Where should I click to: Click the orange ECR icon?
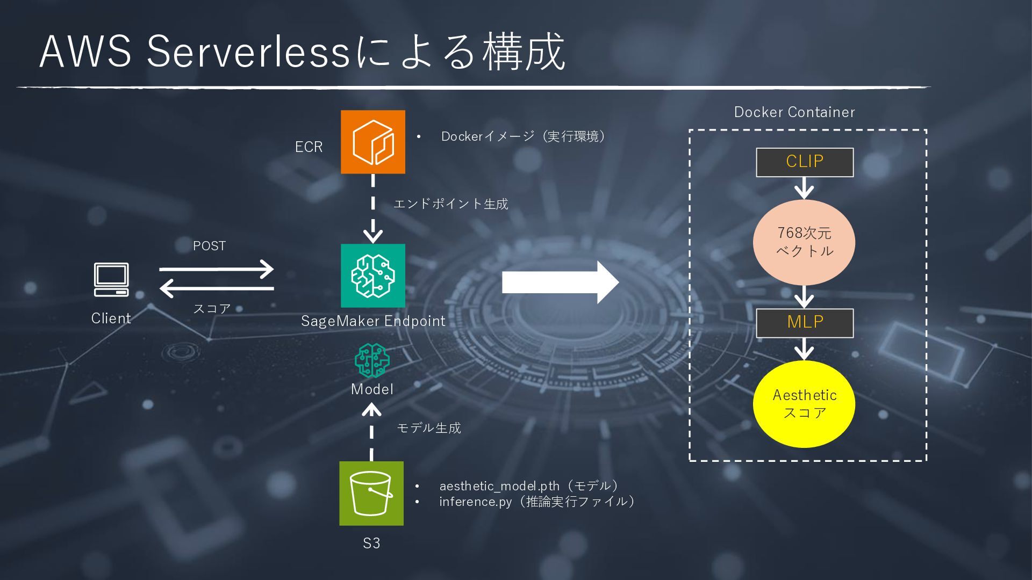pos(373,142)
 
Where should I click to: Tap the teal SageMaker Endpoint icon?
pos(373,275)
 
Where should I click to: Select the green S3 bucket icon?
pos(371,493)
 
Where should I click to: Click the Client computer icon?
pos(111,279)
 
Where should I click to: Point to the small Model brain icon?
pos(372,360)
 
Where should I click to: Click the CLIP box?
pos(805,162)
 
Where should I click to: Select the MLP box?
pos(805,323)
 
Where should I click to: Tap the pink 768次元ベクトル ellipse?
pos(804,242)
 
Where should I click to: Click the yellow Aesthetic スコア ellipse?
pos(804,404)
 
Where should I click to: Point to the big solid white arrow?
pos(559,282)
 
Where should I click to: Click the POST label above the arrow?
pos(209,246)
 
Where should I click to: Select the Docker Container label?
pos(794,112)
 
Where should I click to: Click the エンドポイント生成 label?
pos(450,204)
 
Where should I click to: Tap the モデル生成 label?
pos(428,428)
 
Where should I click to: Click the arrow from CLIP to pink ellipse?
pos(804,188)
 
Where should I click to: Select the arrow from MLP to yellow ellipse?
pos(804,349)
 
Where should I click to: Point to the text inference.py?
pos(475,502)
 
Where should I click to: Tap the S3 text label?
pos(371,543)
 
